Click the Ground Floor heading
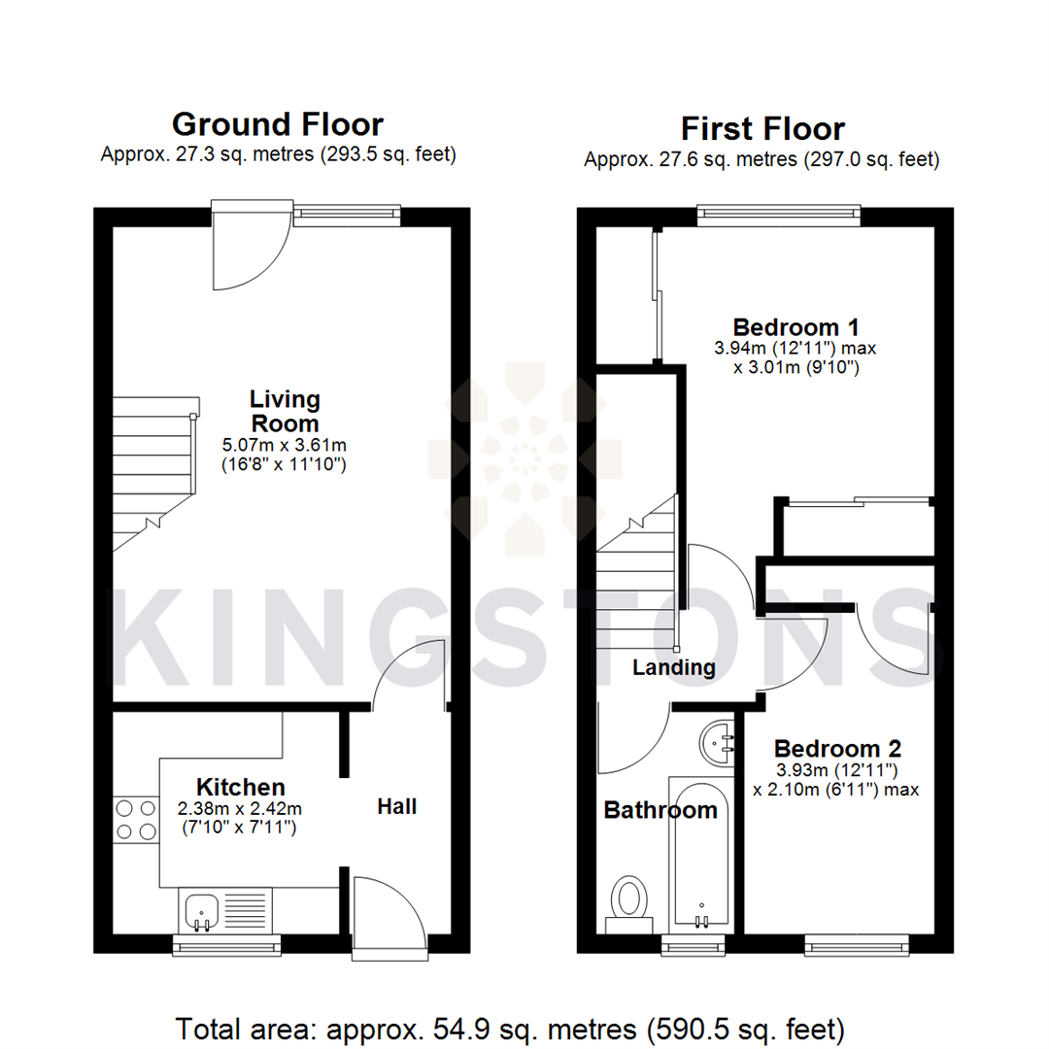click(x=277, y=124)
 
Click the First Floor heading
click(x=761, y=128)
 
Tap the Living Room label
click(x=285, y=411)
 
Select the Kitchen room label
click(x=241, y=786)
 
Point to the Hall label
click(x=397, y=806)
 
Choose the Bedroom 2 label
click(x=837, y=749)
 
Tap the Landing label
click(x=673, y=667)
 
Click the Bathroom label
click(x=660, y=810)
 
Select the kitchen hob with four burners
click(x=136, y=818)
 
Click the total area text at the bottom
click(x=510, y=1027)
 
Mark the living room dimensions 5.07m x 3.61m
click(x=285, y=445)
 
